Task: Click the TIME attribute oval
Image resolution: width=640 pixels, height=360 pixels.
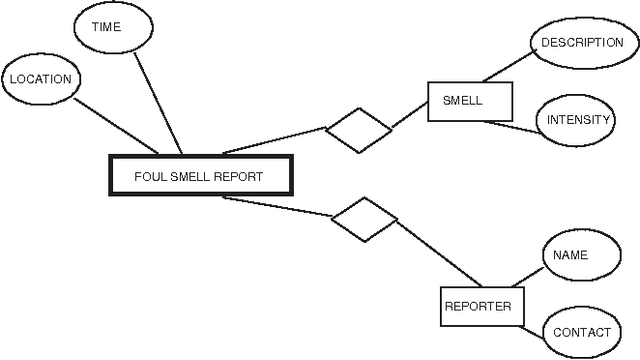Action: click(106, 28)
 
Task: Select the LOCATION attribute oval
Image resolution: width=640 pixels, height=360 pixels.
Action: click(40, 78)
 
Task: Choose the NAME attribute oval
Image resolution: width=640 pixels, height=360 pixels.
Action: click(571, 255)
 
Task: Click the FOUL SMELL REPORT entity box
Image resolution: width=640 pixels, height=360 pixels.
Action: click(199, 176)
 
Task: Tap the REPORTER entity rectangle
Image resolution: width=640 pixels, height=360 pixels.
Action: click(477, 306)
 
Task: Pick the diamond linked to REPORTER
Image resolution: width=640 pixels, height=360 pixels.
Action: click(365, 219)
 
